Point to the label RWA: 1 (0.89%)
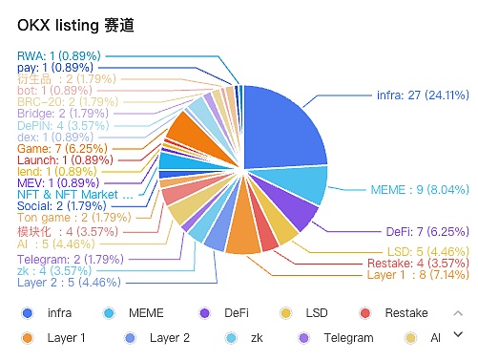click(58, 56)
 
